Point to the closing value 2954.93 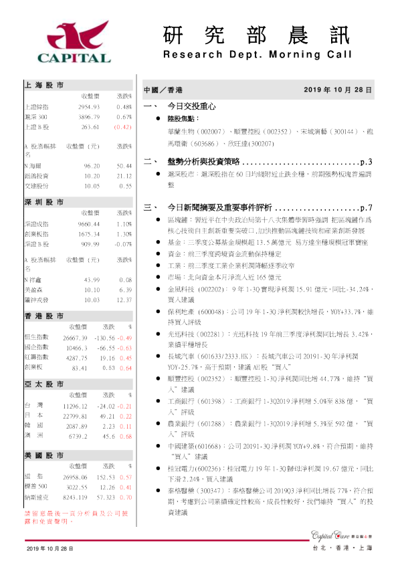(x=88, y=107)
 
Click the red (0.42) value (x=122, y=126)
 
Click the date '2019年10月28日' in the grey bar (x=338, y=89)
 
